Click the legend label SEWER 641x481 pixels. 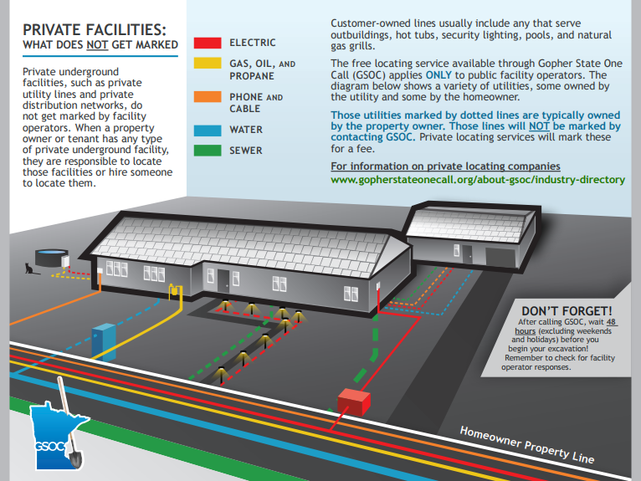tap(246, 151)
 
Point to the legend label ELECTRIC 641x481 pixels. tap(252, 42)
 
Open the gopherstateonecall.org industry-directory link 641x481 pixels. tap(478, 179)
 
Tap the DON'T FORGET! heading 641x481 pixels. tap(567, 311)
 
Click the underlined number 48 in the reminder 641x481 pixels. tap(612, 322)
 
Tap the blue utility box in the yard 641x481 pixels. tap(105, 340)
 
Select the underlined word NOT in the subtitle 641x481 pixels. tap(93, 43)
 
